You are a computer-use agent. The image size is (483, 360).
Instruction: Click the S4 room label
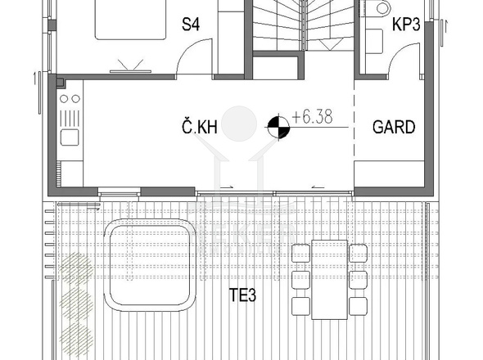pos(191,25)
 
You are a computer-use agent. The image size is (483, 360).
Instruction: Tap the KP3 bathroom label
pos(406,25)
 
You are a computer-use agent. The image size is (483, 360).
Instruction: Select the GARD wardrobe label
pos(394,127)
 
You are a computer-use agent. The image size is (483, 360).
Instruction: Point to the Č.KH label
pos(200,127)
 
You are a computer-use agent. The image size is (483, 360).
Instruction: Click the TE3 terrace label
pos(243,295)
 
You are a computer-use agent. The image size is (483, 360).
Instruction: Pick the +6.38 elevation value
pos(312,117)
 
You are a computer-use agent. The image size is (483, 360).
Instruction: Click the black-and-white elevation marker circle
pos(278,127)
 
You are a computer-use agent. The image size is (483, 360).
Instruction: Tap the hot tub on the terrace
pos(150,265)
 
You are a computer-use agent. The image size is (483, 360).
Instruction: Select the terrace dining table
pos(329,280)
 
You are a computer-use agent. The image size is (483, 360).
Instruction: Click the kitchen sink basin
pos(70,137)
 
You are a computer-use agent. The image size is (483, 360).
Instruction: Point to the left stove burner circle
pos(64,99)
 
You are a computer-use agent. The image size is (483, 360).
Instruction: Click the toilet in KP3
pos(381,8)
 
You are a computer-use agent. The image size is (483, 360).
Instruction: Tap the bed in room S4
pos(130,19)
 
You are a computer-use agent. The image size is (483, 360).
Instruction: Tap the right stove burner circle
pos(75,99)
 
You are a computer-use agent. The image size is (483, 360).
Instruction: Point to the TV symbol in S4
pos(131,66)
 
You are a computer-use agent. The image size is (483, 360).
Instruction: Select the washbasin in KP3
pos(374,41)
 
